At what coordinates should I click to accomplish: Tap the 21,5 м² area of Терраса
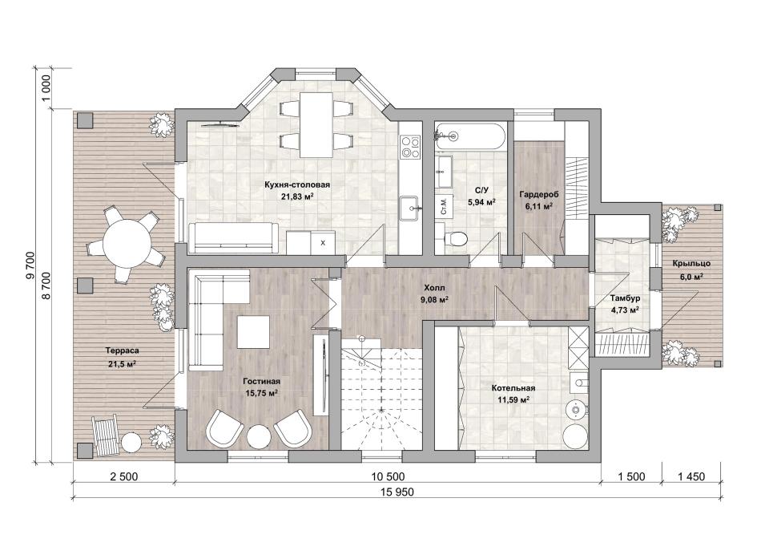point(120,363)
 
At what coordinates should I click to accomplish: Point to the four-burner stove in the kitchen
point(409,147)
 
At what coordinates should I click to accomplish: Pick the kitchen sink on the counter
point(411,209)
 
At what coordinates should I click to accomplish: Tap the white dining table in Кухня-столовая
point(316,125)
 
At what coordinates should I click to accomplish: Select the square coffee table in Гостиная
point(253,332)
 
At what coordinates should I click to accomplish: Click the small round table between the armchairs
point(258,436)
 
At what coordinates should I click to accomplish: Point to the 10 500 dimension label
point(387,476)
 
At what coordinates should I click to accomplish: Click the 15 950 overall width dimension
point(397,492)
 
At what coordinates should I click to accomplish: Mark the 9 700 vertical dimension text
point(31,265)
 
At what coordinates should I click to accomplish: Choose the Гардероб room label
point(539,195)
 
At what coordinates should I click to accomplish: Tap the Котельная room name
point(513,388)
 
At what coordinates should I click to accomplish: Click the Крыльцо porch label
point(691,263)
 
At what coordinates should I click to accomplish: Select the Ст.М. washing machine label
point(443,207)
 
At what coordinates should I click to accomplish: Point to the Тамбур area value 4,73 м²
point(625,309)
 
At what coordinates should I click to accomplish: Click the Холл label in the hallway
point(434,288)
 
